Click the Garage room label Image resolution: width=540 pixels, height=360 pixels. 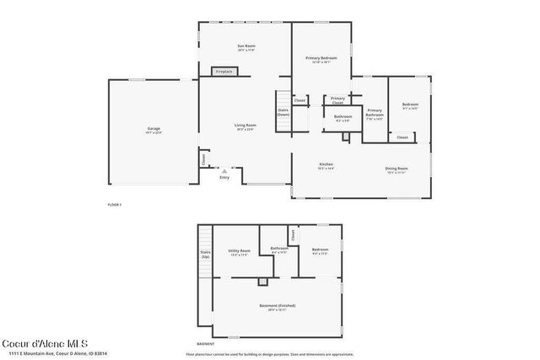coord(154,130)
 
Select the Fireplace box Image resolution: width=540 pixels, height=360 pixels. coord(224,72)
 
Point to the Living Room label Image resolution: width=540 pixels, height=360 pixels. coord(246,126)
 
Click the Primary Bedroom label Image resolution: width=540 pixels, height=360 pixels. coord(321,58)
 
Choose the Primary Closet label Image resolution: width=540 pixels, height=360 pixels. coord(338,100)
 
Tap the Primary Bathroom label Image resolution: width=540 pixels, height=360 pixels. coord(375,114)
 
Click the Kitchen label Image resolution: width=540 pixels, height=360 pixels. coord(326,165)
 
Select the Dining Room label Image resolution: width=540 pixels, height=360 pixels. coord(397,170)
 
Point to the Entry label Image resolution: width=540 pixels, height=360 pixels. coord(224,178)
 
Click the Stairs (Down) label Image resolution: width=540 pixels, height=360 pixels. coord(283,112)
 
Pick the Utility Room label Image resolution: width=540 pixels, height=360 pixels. coord(239,252)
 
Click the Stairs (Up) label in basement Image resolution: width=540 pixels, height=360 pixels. coord(205,254)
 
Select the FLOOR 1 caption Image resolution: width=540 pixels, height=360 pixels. coord(115,205)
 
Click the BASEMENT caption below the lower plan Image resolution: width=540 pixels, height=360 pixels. coord(205,344)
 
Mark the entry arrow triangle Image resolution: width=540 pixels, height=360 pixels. coord(224,170)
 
